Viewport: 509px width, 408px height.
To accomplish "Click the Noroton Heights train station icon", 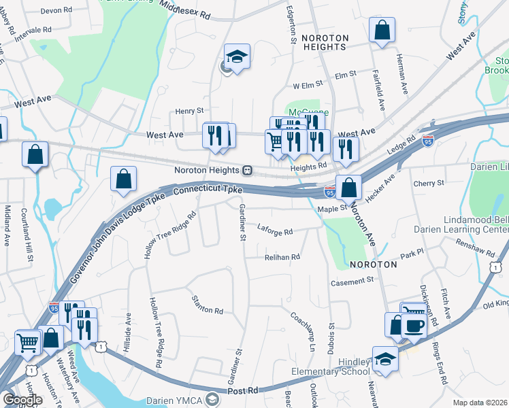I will point(248,170).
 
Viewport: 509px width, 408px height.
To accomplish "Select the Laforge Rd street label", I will point(274,231).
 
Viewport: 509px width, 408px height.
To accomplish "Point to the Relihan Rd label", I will point(282,257).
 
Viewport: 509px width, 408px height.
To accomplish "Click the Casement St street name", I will point(352,280).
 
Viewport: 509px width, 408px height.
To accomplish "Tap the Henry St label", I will point(189,110).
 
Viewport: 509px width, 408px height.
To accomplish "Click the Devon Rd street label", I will point(56,11).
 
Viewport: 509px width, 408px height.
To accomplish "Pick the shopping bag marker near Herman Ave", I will point(382,30).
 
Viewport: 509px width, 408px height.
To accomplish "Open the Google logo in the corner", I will point(22,400).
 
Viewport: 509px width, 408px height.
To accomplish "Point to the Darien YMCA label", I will point(176,398).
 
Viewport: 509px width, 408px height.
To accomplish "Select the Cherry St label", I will point(429,183).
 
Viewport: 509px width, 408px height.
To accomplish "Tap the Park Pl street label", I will point(412,253).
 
